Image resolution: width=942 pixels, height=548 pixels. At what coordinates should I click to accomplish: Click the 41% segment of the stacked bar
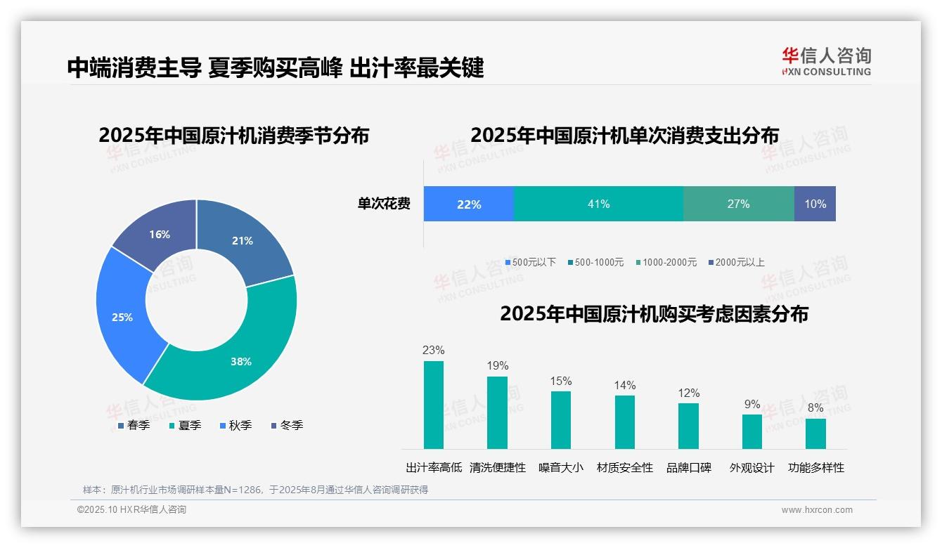point(598,204)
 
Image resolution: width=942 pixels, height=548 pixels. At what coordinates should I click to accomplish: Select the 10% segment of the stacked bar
point(815,204)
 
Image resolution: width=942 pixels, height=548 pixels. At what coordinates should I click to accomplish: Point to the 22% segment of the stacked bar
point(469,204)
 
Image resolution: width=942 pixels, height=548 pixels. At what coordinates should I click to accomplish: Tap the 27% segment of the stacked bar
point(738,204)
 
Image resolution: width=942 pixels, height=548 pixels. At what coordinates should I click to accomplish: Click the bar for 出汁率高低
point(434,405)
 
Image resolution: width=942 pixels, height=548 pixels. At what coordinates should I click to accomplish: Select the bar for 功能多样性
point(815,433)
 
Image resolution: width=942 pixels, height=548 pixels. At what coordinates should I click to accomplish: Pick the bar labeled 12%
point(688,426)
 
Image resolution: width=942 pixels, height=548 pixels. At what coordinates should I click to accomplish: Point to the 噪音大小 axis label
point(560,467)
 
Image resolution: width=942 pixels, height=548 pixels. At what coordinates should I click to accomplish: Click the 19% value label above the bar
point(498,365)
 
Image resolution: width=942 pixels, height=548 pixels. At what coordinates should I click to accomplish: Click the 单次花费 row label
point(384,204)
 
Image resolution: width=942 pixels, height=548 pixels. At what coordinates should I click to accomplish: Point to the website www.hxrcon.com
point(817,509)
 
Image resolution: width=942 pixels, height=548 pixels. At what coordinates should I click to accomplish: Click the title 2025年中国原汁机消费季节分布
point(233,135)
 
